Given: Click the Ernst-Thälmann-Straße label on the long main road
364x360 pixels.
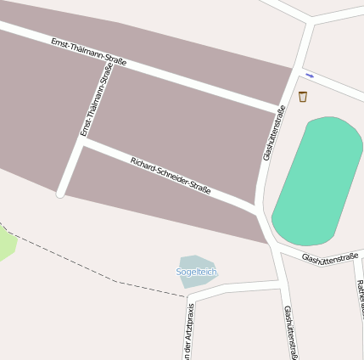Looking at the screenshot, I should pyautogui.click(x=88, y=52).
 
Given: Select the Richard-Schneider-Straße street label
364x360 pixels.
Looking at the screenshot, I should pyautogui.click(x=171, y=174).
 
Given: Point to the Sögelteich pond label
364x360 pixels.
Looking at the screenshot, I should pyautogui.click(x=196, y=272).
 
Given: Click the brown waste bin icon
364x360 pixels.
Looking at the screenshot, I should pyautogui.click(x=303, y=97).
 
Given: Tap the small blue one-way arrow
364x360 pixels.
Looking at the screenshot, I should pyautogui.click(x=310, y=76).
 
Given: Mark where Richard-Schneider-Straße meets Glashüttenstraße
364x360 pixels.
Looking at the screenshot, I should pyautogui.click(x=257, y=208).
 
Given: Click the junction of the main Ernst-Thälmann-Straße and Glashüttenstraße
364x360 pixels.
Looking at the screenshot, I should pyautogui.click(x=285, y=108).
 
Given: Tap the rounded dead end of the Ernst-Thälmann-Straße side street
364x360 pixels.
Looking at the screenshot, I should pyautogui.click(x=61, y=194).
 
